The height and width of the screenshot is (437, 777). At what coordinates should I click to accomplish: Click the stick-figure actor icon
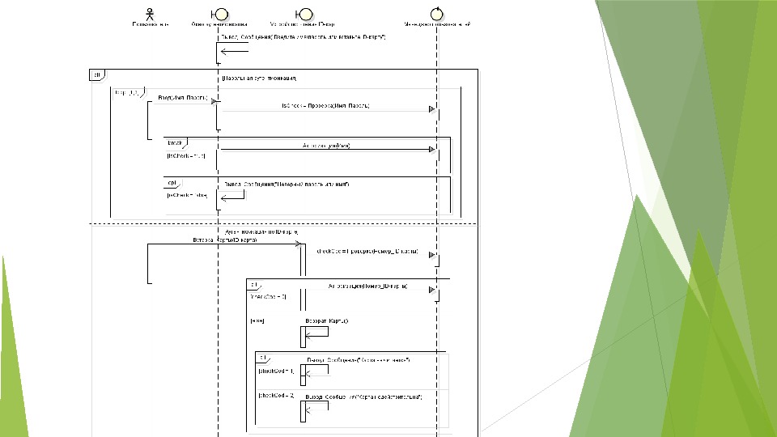[150, 13]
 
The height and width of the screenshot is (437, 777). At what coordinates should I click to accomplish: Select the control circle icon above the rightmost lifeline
[438, 13]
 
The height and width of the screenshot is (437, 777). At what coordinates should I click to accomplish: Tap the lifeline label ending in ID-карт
[304, 24]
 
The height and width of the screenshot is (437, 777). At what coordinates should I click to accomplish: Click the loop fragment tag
[122, 92]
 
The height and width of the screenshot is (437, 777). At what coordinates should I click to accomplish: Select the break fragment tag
[174, 142]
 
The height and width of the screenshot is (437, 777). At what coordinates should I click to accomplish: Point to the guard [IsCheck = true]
[185, 155]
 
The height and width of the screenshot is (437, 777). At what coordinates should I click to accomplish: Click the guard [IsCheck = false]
[187, 195]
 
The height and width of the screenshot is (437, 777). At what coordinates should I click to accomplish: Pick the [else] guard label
[258, 320]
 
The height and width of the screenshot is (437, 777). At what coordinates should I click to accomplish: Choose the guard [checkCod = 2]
[276, 396]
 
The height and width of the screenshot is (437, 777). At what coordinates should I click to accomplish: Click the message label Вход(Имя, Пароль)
[182, 98]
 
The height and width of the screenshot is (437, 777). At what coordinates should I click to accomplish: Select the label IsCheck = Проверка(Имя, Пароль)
[325, 106]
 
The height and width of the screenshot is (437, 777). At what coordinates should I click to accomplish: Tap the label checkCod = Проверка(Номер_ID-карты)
[367, 252]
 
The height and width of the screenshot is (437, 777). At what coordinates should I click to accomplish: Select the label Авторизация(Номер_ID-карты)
[367, 286]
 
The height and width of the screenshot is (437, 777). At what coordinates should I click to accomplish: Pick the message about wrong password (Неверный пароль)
[287, 184]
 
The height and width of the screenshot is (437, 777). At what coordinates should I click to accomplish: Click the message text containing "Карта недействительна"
[363, 396]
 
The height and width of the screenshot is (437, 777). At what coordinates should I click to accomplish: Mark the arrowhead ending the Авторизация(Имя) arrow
[432, 150]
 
